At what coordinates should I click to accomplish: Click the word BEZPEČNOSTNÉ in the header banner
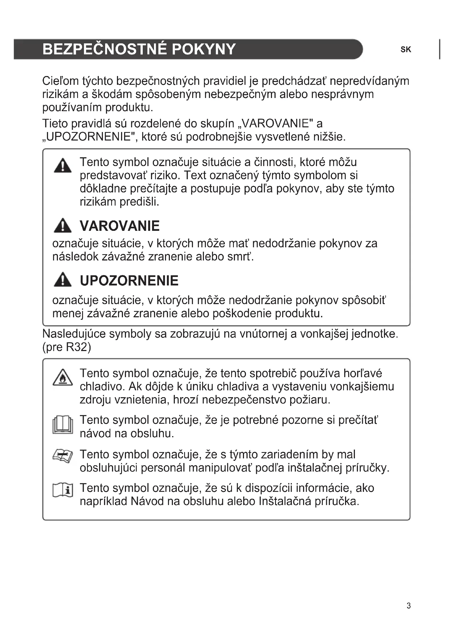click(105, 49)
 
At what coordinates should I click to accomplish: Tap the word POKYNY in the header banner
click(203, 49)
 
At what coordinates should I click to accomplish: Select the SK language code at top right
click(405, 50)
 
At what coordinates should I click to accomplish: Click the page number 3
click(408, 606)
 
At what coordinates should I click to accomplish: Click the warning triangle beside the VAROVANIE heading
click(62, 226)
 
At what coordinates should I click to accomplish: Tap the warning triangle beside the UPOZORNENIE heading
click(62, 280)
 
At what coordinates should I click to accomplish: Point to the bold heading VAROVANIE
click(120, 226)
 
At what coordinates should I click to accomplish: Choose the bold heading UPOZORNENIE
click(129, 281)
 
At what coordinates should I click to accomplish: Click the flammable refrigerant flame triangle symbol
click(63, 378)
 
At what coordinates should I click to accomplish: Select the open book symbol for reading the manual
click(63, 425)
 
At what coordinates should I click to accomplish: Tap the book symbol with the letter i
click(63, 490)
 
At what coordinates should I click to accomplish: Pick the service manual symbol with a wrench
click(63, 456)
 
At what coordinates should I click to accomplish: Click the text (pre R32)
click(66, 347)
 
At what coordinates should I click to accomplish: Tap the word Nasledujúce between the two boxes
click(74, 334)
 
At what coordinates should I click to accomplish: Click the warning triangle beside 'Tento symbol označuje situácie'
click(62, 166)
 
